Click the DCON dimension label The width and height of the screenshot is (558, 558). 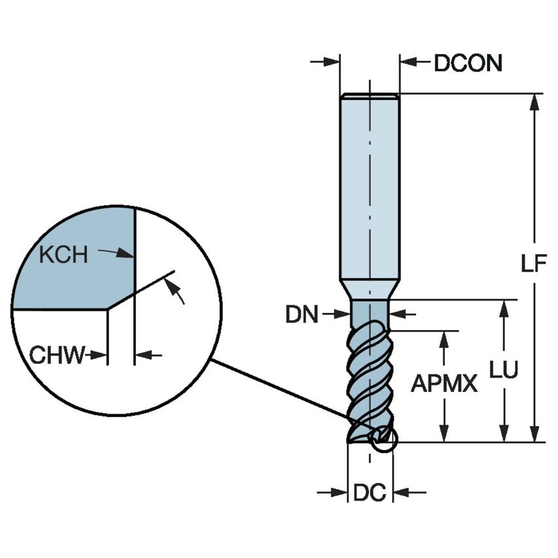point(468,63)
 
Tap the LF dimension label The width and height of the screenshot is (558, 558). point(533,263)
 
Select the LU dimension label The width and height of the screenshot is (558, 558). point(504,370)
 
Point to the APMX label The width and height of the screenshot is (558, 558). point(444,385)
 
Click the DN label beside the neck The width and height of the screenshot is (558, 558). point(301,315)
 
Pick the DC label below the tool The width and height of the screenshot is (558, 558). point(370,493)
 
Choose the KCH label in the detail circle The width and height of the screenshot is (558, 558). point(63,254)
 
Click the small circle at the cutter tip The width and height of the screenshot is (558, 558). point(383,438)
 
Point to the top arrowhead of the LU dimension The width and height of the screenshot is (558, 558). point(504,307)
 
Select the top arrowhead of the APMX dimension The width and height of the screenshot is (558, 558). point(444,337)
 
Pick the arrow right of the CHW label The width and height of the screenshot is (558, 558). point(145,355)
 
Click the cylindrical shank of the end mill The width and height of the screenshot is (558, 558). point(369,189)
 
